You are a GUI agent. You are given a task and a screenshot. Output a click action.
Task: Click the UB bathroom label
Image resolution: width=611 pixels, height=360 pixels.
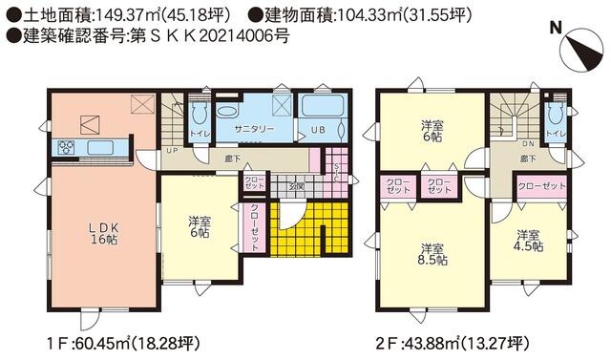(x=315, y=128)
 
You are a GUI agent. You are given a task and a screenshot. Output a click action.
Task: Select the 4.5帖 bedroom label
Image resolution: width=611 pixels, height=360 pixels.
(x=530, y=240)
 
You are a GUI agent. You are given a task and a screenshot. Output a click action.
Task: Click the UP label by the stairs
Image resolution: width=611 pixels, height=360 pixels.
(x=171, y=151)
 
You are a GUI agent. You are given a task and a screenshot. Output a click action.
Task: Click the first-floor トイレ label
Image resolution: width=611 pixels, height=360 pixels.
(x=199, y=134)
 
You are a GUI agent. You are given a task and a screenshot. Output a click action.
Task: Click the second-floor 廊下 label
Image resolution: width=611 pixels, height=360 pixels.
(x=528, y=158)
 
